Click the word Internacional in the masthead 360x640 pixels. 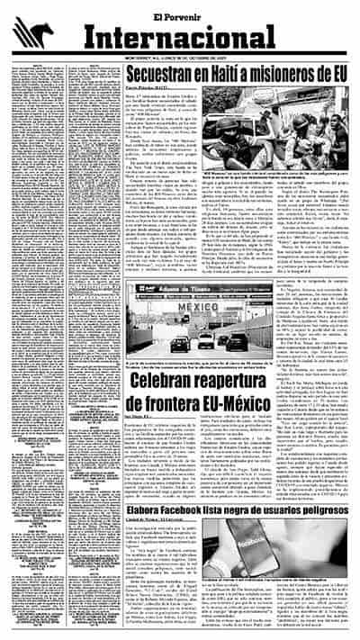pos(205,40)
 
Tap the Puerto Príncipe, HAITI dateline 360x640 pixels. pos(146,90)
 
